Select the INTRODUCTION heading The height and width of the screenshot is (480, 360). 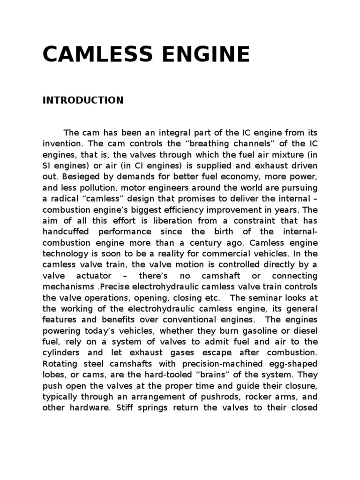(x=83, y=100)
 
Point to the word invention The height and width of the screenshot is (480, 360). (x=63, y=143)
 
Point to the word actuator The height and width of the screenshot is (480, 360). (x=92, y=276)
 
